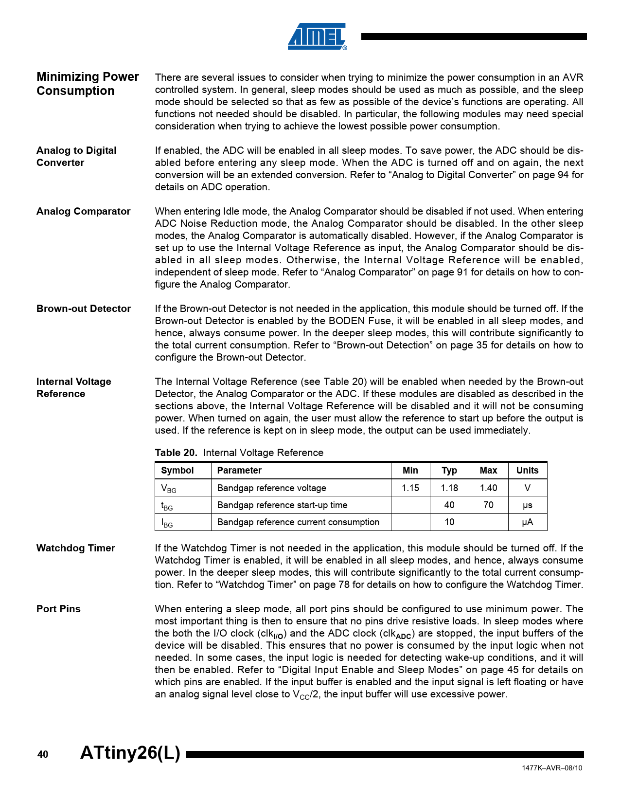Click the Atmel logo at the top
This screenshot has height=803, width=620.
coord(317,36)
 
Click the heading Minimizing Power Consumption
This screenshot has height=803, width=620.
coord(88,84)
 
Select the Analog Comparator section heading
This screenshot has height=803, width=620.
coord(83,211)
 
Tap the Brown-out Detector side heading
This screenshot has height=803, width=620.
coord(83,309)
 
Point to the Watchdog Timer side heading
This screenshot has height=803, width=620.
coord(75,548)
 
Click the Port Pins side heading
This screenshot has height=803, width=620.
coord(58,609)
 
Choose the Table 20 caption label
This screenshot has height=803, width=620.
coord(176,453)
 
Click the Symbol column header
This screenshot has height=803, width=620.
coord(177,470)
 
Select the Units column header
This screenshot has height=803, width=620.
coord(527,470)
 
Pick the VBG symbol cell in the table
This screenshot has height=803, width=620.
coord(169,488)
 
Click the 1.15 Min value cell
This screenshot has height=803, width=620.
coord(410,488)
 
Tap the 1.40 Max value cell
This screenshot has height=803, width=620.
coord(488,488)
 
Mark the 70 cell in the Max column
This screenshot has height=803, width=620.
coord(488,505)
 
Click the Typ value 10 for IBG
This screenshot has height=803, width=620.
coord(449,522)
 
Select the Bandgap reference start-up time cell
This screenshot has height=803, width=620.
coord(282,505)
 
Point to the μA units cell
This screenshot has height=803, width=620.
coord(527,522)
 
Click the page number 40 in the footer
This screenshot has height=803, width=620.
coord(43,754)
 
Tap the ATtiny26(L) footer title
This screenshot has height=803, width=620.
coord(130,752)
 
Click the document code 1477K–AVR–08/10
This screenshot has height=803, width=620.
coord(552,768)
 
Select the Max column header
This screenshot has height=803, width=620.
coord(488,470)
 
